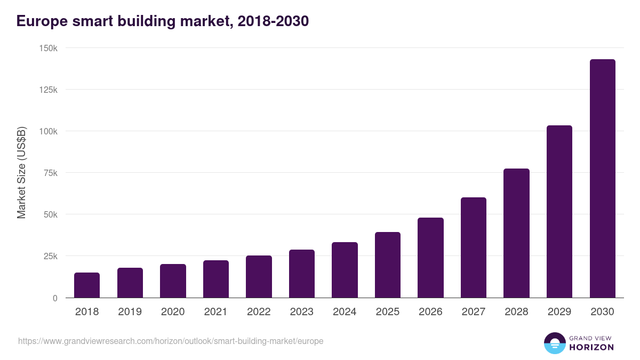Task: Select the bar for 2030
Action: point(602,179)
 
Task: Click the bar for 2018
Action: point(87,285)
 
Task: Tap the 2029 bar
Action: point(559,212)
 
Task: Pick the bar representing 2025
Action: point(388,265)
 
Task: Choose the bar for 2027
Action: point(474,247)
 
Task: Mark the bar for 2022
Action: point(259,277)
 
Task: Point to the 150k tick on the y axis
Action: point(49,48)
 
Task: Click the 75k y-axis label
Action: point(51,173)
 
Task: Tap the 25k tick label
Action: point(51,256)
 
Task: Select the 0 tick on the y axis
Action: point(55,298)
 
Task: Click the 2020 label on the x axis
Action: point(173,312)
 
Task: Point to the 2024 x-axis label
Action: point(345,312)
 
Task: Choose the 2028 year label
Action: point(516,312)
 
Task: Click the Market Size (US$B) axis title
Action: point(22,172)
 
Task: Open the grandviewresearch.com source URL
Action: point(171,341)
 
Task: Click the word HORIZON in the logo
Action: point(591,347)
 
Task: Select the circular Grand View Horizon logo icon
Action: point(555,343)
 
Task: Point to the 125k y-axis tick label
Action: point(49,90)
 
